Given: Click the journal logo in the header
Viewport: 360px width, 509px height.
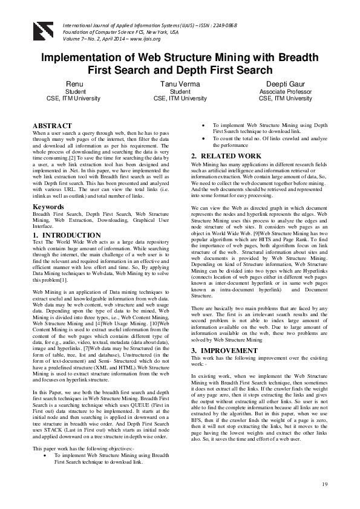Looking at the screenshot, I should pyautogui.click(x=44, y=29).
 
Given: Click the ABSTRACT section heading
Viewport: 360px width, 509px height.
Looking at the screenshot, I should pyautogui.click(x=53, y=126).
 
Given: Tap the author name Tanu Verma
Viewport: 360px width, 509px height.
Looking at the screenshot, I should pyautogui.click(x=180, y=83).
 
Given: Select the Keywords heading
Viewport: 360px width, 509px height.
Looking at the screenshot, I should pyautogui.click(x=48, y=207).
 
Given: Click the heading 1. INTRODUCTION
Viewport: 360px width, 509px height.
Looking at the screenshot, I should pyautogui.click(x=67, y=235).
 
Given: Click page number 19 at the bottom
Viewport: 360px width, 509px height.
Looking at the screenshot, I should pyautogui.click(x=324, y=484).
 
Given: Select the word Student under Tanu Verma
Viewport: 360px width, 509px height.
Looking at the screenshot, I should pyautogui.click(x=180, y=91).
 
